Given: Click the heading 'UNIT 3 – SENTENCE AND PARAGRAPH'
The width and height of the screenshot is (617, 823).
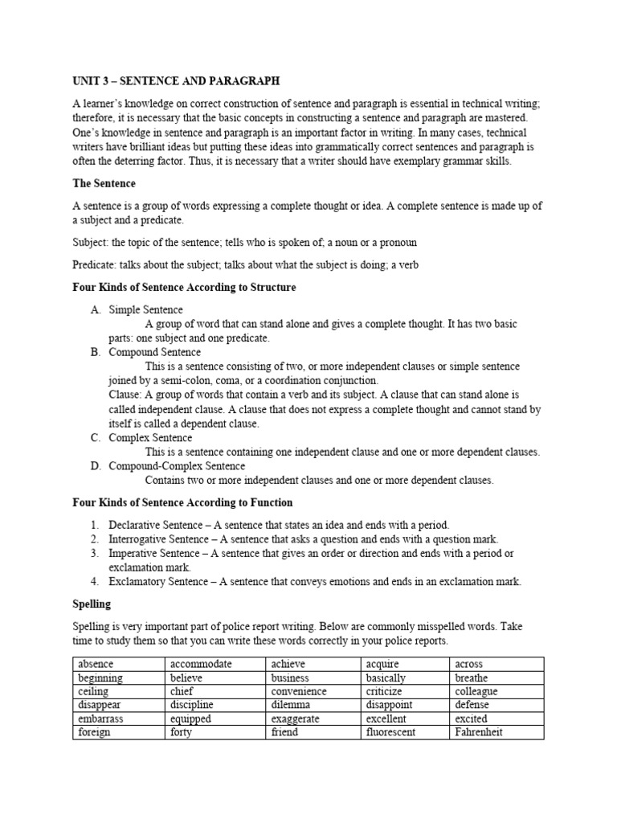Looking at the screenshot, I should coord(177,82).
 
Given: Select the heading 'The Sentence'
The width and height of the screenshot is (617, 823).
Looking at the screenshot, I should coord(104,184).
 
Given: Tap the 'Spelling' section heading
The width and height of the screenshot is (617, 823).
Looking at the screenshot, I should coord(92,603).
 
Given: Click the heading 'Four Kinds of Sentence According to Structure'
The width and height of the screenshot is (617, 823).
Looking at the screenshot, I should coord(184,287).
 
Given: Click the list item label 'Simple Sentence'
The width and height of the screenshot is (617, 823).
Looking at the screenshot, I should coord(145,309).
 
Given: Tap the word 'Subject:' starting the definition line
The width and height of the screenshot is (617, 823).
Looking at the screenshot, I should coord(91,242).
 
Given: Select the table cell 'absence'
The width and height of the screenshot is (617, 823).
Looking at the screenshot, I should coord(96,665).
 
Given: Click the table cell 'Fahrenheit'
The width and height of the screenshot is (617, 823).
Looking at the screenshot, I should coord(479,732).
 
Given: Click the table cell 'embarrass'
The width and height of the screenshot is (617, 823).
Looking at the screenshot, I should coord(100,719).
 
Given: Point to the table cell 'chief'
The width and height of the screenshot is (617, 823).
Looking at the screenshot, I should coord(182,691).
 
